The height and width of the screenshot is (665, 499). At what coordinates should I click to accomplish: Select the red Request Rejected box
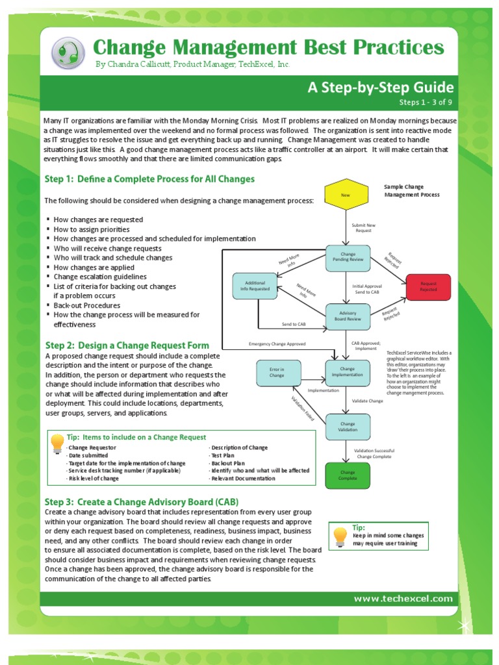tap(428, 287)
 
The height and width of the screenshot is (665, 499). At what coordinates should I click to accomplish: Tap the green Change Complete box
tap(348, 475)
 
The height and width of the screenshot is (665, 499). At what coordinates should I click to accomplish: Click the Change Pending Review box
tap(348, 258)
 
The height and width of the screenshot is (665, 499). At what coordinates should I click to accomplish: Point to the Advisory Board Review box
tap(348, 316)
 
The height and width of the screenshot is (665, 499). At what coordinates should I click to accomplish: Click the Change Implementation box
tap(348, 373)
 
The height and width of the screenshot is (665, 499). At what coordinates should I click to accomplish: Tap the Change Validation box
tap(348, 426)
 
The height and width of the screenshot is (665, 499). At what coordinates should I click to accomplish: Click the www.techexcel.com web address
tap(403, 599)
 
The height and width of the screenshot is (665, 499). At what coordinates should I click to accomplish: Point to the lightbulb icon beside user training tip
tap(340, 535)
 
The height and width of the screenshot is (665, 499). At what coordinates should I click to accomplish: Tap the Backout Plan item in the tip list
tap(227, 463)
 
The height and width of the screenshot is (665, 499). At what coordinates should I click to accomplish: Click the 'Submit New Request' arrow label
tap(363, 227)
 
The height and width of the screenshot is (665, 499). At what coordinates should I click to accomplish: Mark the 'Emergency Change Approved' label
tap(277, 344)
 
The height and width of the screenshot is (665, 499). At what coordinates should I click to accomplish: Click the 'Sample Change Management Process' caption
tap(411, 190)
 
